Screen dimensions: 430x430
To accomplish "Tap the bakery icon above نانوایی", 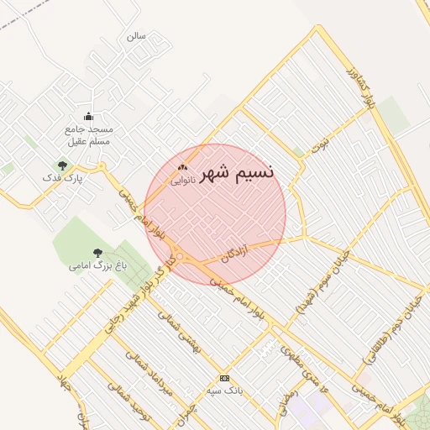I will [x=182, y=167].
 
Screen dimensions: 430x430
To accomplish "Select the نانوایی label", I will [x=183, y=180].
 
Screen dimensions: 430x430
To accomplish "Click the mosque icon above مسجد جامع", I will [x=88, y=117].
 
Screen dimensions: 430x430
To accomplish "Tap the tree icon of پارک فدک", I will [x=62, y=165].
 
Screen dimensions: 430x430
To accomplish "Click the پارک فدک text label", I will [x=66, y=179].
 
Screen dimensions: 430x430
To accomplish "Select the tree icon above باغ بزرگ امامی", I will [x=97, y=252].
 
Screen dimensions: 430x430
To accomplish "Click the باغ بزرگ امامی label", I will [x=97, y=265].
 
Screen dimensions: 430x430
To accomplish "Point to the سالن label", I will [x=136, y=37].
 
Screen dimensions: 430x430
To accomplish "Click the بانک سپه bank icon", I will [x=224, y=378].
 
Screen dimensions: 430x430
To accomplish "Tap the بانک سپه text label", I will [x=224, y=391].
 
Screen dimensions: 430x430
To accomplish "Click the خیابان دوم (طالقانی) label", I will [x=385, y=333].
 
